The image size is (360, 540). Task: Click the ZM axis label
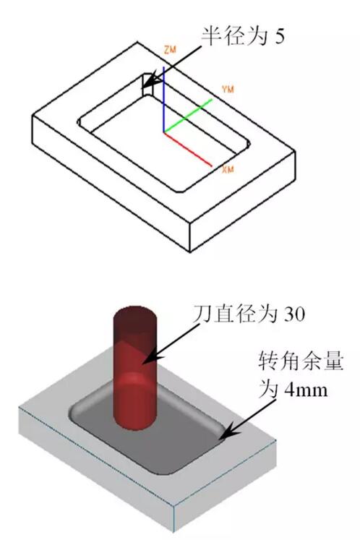170,50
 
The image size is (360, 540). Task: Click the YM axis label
228,90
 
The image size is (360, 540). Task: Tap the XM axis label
228,169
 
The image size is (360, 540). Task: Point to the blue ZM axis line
164,99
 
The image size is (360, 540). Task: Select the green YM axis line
188,116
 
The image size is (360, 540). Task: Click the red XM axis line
188,149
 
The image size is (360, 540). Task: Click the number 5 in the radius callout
279,35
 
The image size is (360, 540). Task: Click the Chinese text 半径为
234,35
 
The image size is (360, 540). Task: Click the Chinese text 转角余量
301,361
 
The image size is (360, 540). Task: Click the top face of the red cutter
135,314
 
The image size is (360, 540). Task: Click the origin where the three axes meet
164,132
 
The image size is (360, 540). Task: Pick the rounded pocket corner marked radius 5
147,85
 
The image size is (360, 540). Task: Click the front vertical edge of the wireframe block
190,237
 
